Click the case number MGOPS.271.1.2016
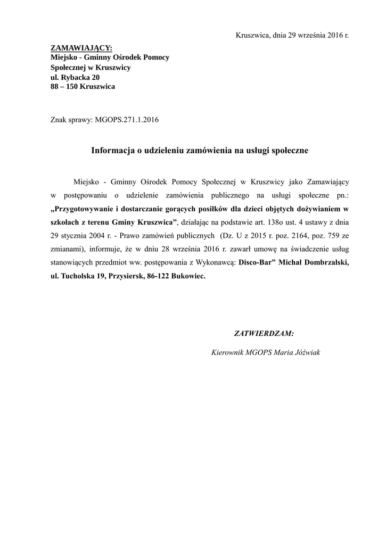point(127,120)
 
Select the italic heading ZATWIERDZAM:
point(264,334)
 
